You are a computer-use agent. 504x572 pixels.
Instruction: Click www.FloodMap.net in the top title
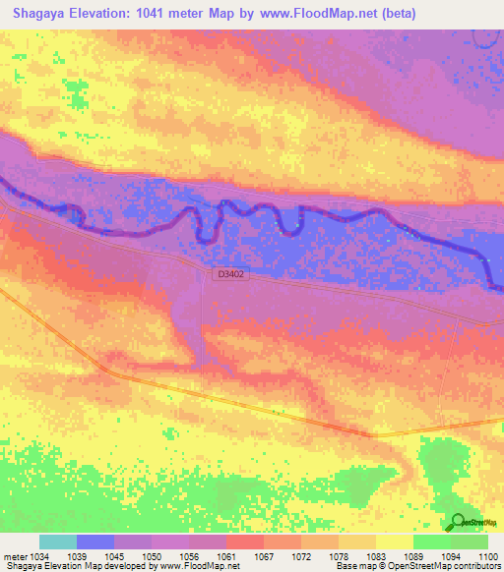(306, 14)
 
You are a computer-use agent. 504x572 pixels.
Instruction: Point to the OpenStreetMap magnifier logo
(458, 523)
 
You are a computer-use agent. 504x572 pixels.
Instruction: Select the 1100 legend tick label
(489, 556)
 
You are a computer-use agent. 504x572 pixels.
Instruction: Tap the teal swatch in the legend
(58, 542)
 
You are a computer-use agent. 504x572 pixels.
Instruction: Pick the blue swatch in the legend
(95, 542)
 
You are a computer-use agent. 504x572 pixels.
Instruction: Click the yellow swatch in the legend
(395, 542)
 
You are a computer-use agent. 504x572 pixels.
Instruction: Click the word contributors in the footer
(478, 567)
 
